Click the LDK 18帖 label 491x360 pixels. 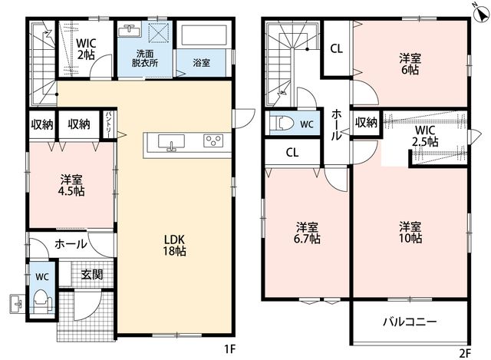(x=174, y=246)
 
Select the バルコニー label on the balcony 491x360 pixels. (x=410, y=322)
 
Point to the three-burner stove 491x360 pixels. (x=213, y=140)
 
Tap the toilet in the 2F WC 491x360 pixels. (x=283, y=124)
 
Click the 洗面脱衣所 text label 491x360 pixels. (x=145, y=58)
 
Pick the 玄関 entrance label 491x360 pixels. (x=92, y=275)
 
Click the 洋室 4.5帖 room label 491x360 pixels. (x=71, y=186)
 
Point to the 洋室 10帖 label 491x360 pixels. (x=410, y=233)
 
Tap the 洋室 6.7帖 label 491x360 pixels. (x=307, y=233)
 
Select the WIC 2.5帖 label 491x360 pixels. (x=425, y=136)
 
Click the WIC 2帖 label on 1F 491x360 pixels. (x=86, y=49)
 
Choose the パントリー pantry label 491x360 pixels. (x=108, y=124)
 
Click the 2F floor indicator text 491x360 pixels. (x=465, y=353)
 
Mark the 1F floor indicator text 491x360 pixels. (x=229, y=348)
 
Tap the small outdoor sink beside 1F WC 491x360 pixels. (x=17, y=304)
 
